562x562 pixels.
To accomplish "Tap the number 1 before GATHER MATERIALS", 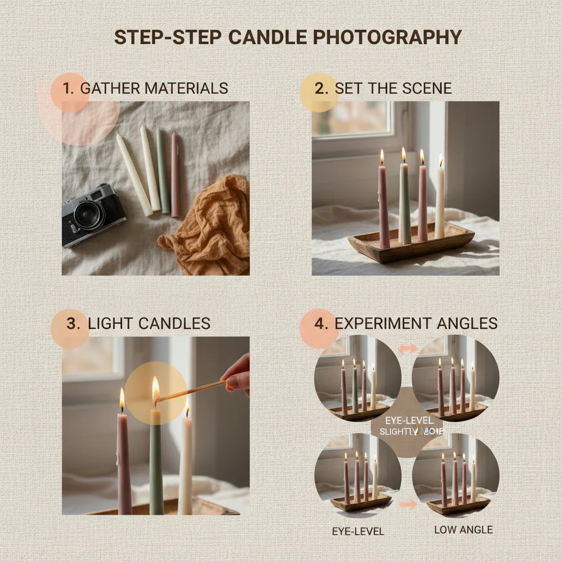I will point(68,88).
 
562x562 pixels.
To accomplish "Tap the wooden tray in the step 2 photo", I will point(412,244).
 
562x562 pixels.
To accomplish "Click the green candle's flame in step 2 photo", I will point(403,155).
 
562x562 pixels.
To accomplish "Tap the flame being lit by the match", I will point(155,389).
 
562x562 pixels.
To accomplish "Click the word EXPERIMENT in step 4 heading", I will point(380,323).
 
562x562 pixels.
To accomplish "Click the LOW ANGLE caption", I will point(463,530).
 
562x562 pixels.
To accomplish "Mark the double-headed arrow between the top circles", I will point(407,348).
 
